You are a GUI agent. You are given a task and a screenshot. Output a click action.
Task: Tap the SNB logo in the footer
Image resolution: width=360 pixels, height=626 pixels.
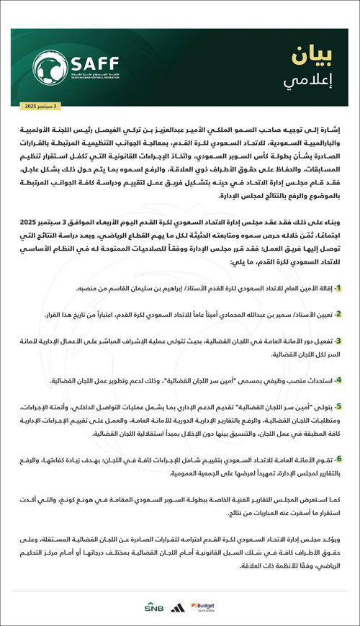tap(154, 607)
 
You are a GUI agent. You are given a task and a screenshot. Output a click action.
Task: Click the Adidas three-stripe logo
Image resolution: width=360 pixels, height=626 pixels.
tap(177, 607)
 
